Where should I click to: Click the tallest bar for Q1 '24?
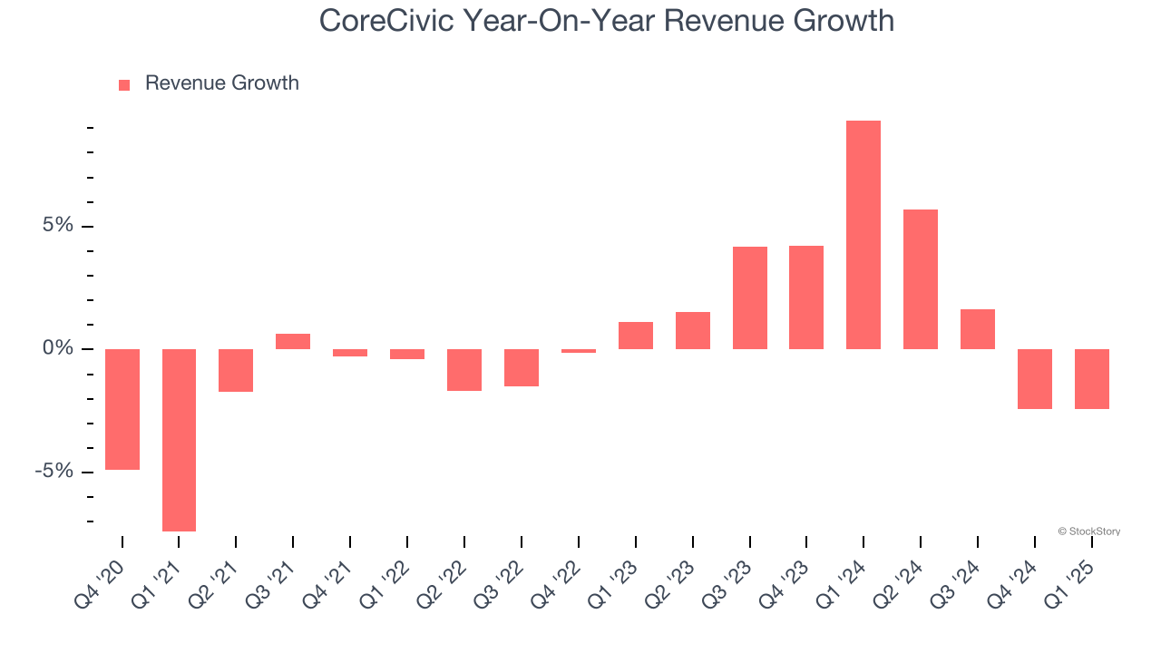pos(863,235)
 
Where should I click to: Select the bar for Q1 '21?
pos(179,440)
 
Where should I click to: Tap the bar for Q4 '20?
pos(122,409)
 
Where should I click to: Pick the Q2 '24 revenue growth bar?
pos(920,279)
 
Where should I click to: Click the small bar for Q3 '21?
pos(293,342)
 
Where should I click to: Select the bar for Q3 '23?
pos(749,297)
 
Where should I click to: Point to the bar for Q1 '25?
pos(1091,379)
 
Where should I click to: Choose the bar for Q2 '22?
pos(463,370)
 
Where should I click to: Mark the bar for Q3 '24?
pos(977,329)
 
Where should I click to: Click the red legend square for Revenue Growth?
pos(124,84)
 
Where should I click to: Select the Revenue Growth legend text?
pos(221,83)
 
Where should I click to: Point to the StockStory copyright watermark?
pos(1088,531)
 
